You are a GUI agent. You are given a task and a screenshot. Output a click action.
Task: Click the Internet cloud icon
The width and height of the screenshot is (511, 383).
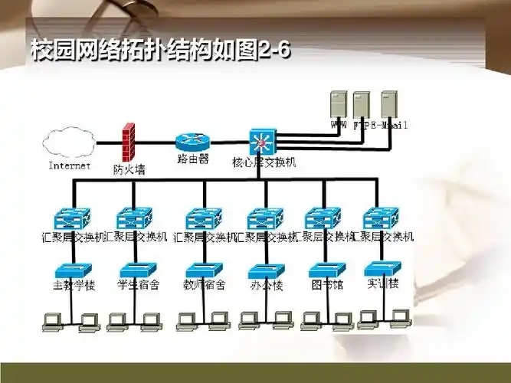point(70,142)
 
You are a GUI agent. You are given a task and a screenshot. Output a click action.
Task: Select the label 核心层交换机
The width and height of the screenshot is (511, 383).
point(264,162)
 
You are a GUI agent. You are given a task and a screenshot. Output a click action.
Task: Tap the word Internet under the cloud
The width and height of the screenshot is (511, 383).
point(70,165)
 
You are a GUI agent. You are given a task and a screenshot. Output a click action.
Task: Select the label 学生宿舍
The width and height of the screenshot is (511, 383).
point(139,285)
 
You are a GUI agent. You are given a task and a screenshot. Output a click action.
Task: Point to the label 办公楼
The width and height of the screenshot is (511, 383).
point(266,286)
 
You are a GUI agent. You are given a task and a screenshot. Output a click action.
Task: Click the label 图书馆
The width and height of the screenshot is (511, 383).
point(324,285)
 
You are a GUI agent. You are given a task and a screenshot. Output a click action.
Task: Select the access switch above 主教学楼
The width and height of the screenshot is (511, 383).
point(73,269)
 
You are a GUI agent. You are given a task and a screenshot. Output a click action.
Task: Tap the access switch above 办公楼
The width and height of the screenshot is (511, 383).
point(266,270)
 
